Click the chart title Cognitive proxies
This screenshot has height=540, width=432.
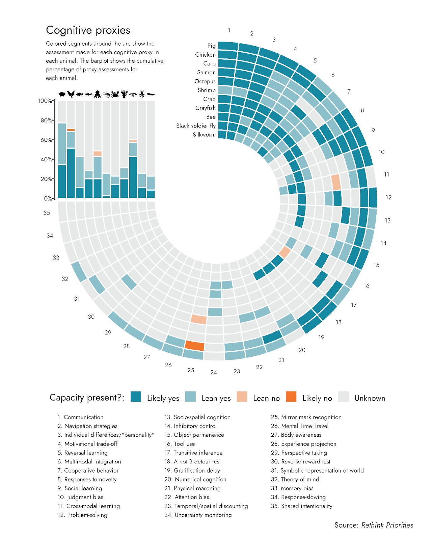click(x=88, y=30)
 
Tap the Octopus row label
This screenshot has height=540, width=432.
click(x=205, y=81)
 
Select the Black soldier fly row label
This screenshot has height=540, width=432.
click(x=196, y=126)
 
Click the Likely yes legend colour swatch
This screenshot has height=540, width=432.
click(x=136, y=397)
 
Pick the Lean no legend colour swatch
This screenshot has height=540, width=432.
click(x=242, y=397)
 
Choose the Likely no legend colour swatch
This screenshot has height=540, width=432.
click(x=291, y=397)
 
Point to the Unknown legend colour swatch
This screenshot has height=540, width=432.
click(x=343, y=397)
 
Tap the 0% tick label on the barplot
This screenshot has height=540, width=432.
click(x=48, y=199)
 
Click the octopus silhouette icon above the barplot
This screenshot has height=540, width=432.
click(x=98, y=94)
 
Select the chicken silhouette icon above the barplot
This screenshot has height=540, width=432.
click(x=71, y=94)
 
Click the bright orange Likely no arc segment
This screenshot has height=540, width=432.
click(x=195, y=346)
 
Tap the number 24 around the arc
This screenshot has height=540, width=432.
click(x=214, y=373)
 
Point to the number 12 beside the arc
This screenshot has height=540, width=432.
click(x=388, y=197)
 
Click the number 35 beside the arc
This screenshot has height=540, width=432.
click(x=47, y=213)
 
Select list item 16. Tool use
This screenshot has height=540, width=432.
click(x=180, y=444)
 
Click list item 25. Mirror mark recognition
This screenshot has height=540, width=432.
click(x=306, y=417)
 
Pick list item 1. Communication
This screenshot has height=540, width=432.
click(x=80, y=417)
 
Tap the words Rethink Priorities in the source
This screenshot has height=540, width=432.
click(x=387, y=525)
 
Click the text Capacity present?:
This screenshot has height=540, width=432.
click(x=87, y=398)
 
